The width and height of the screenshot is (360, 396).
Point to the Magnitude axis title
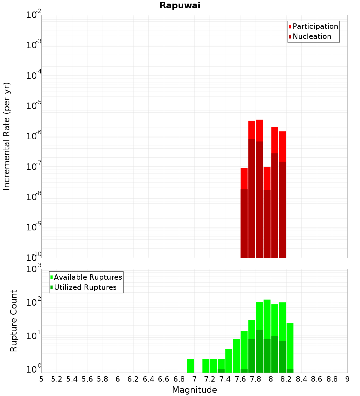(194, 390)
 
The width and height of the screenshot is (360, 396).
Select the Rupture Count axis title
(14, 321)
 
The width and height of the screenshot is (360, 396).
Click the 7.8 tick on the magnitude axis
(256, 379)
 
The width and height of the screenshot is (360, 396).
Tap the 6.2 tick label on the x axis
(133, 379)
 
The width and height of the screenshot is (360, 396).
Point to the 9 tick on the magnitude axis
(347, 379)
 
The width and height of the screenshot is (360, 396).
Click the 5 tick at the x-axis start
(41, 379)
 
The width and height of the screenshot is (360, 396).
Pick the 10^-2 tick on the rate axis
(34, 15)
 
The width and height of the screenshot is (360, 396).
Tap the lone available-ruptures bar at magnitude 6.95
(190, 366)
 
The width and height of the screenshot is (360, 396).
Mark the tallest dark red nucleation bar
(252, 198)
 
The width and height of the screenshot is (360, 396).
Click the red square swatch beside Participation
(290, 27)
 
